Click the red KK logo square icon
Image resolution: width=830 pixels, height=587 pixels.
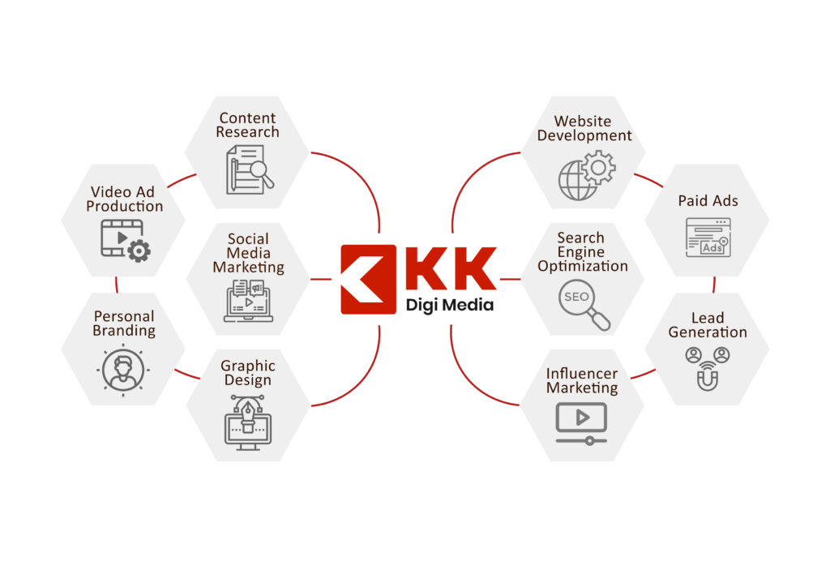(x=369, y=279)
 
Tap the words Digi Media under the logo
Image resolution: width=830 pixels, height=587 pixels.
(x=449, y=306)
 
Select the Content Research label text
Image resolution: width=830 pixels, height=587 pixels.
(x=247, y=125)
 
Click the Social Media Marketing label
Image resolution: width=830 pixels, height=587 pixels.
(x=248, y=252)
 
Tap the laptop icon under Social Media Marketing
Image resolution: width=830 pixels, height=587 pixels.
(x=248, y=300)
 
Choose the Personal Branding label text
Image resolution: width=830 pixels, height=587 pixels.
(x=124, y=323)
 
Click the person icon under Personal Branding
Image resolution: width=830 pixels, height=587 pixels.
(x=123, y=369)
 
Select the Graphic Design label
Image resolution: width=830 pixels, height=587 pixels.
(x=248, y=373)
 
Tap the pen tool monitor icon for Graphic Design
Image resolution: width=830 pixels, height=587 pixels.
(x=248, y=420)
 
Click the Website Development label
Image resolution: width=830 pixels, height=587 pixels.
(x=584, y=128)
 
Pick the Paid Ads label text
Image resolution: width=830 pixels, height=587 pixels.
(x=708, y=200)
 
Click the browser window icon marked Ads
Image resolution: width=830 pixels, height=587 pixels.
(x=708, y=238)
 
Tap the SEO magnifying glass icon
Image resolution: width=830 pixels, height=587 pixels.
(x=584, y=305)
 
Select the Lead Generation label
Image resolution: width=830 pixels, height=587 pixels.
(x=708, y=324)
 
